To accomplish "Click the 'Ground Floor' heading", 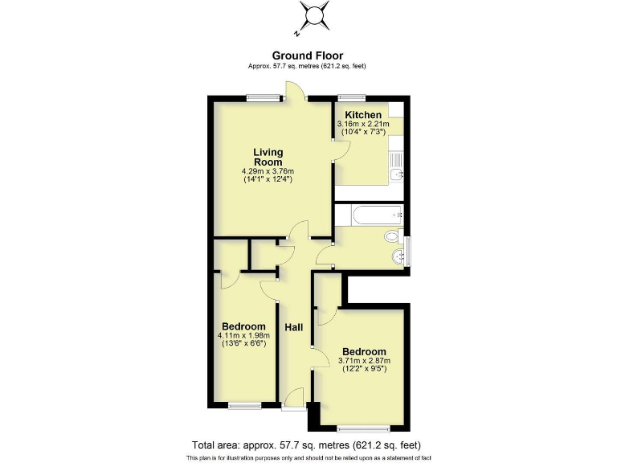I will pos(308,55).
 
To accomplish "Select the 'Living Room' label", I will pos(268,157).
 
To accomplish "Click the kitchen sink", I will pos(395,174).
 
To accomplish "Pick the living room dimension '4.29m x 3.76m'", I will pos(268,171).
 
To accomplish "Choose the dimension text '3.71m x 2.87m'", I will pos(364,361).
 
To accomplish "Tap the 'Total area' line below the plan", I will pos(306,445).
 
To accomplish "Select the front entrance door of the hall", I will pos(294,397).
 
